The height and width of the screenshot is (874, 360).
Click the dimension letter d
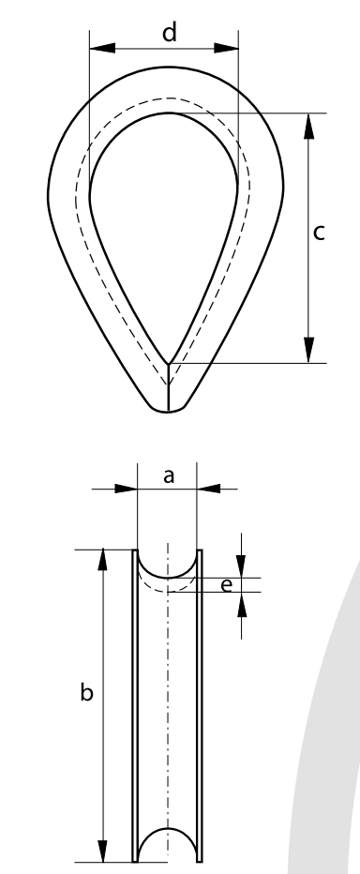pyautogui.click(x=170, y=32)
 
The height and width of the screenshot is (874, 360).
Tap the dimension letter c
pyautogui.click(x=319, y=232)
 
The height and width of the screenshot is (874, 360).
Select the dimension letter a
pyautogui.click(x=169, y=476)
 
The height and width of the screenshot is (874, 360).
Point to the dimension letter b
pyautogui.click(x=86, y=692)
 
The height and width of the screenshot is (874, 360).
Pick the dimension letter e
pyautogui.click(x=226, y=585)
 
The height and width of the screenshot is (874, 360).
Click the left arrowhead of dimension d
pyautogui.click(x=102, y=48)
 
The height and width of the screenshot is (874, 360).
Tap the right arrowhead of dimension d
pyautogui.click(x=226, y=48)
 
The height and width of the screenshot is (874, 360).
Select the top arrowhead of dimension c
pyautogui.click(x=308, y=126)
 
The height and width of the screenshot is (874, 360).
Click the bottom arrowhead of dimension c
pyautogui.click(x=308, y=350)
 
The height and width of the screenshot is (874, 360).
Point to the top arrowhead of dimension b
pyautogui.click(x=102, y=560)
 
